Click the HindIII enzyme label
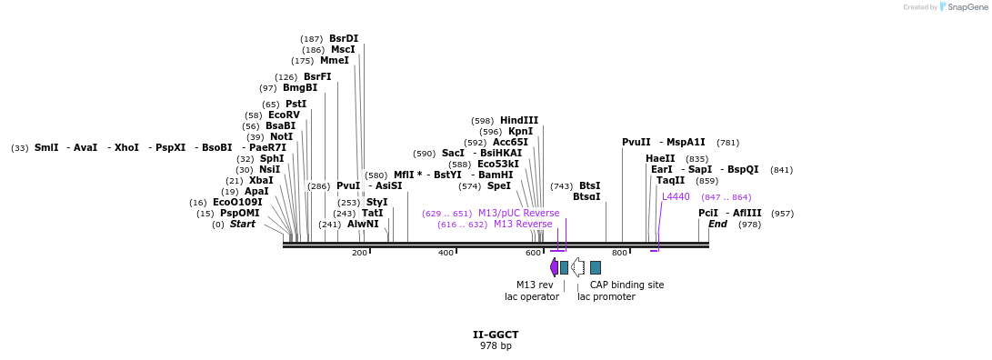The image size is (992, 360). click(519, 120)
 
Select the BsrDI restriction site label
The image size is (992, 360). click(344, 38)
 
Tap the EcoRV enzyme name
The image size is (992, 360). click(284, 115)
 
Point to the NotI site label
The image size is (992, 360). click(282, 136)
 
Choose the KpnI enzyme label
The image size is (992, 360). click(520, 131)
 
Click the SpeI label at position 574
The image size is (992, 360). click(498, 185)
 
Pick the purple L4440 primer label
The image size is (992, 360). click(676, 196)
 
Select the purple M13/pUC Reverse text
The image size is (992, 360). click(518, 213)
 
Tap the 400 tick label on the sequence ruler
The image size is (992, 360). click(446, 253)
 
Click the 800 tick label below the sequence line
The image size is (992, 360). click(619, 253)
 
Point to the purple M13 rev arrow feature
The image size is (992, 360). click(554, 267)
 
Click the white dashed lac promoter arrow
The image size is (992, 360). click(577, 267)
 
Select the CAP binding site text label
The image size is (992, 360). click(626, 285)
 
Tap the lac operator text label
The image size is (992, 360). click(532, 296)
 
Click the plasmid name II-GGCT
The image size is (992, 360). click(496, 335)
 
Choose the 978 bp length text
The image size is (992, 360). click(496, 345)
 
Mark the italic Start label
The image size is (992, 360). click(242, 224)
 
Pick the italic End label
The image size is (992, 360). click(717, 224)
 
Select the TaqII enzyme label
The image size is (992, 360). click(671, 180)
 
